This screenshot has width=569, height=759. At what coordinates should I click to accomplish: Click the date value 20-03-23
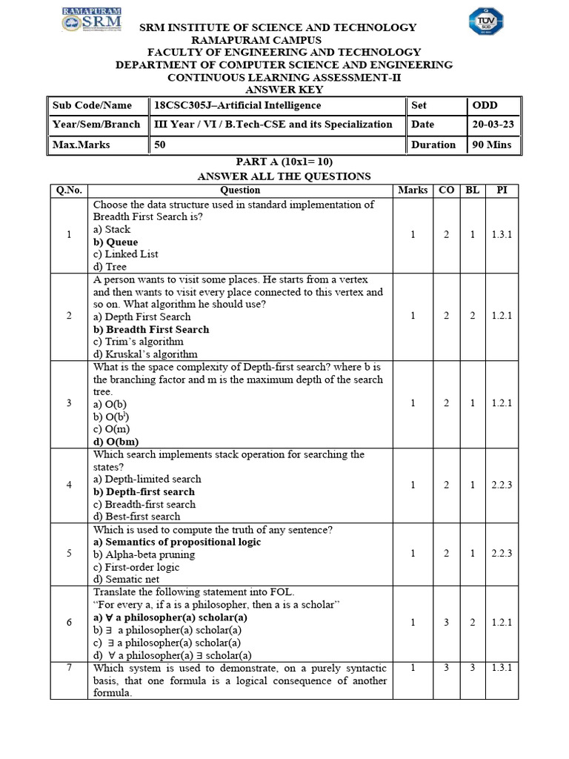(x=491, y=125)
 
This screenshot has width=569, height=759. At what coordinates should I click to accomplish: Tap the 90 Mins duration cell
(x=491, y=145)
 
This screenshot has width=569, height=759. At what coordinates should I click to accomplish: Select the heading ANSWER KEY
(x=284, y=90)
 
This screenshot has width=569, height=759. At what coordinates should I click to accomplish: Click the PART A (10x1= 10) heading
(x=284, y=162)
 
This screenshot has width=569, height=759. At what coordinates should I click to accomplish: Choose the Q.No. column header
(x=69, y=190)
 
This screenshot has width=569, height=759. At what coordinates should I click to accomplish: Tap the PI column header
(x=502, y=190)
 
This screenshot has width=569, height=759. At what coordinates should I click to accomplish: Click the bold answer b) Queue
(x=116, y=242)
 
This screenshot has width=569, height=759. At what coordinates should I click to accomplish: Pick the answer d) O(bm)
(x=117, y=442)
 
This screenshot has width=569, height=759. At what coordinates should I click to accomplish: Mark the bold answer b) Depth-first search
(x=144, y=491)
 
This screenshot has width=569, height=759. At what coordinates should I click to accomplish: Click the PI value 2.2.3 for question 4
(x=502, y=485)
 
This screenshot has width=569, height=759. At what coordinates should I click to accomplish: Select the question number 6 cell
(x=69, y=623)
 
